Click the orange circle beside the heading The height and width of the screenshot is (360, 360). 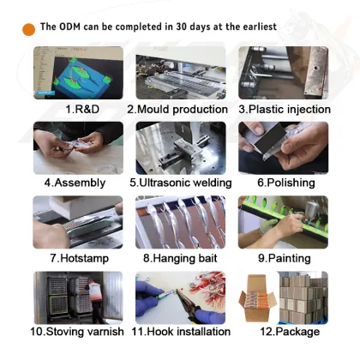point(28,29)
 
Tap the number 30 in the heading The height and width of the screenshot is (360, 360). point(181,27)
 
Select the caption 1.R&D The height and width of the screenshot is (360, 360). point(82,109)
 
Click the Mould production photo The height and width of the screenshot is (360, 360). point(181,73)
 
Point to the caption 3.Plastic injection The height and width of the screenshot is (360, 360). point(285,109)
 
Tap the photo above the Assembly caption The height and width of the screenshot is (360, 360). point(78,148)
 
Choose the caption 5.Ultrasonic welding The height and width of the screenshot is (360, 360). point(181,183)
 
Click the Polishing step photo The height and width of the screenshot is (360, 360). point(284,148)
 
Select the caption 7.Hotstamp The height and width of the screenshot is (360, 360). point(80,258)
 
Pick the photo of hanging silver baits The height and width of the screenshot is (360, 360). point(180,222)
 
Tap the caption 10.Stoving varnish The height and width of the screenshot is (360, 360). point(77,332)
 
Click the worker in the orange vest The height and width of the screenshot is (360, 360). point(96,300)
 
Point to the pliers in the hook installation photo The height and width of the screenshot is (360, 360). point(189,305)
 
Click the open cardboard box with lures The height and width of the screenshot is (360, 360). point(257,298)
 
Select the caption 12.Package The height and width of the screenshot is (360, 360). point(290,332)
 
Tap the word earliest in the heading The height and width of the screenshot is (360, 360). point(260,27)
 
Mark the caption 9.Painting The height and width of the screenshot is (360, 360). point(285,258)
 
